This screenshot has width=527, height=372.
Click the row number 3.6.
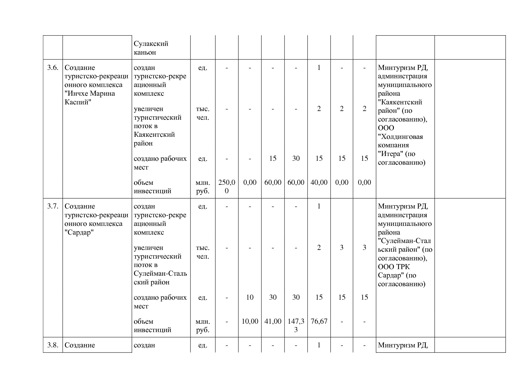coord(53,68)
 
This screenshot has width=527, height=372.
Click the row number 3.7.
coord(53,206)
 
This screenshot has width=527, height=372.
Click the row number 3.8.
coord(53,345)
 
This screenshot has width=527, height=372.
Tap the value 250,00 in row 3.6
coord(227,186)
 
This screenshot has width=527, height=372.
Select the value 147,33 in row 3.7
coord(296,325)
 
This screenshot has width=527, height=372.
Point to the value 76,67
coord(319,321)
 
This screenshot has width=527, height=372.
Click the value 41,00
coord(273,321)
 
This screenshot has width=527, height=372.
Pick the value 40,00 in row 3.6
coord(319,182)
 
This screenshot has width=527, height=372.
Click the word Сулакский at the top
coord(151,44)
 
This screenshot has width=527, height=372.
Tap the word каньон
coord(145,52)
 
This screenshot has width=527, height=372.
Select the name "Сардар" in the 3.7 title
coord(79,232)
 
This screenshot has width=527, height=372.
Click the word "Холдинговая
coord(400,137)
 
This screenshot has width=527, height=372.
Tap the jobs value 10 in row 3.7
coord(250,297)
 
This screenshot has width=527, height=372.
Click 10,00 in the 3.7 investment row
coord(250,321)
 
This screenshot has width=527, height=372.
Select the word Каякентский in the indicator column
coord(154,135)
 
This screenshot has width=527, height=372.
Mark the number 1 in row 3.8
coord(319,345)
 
